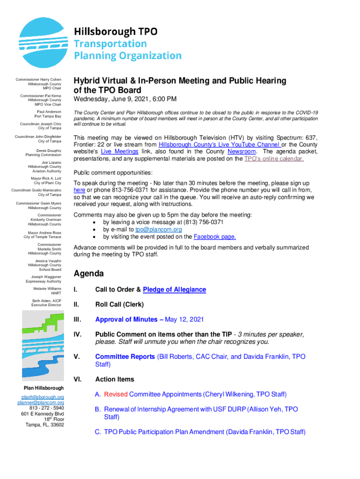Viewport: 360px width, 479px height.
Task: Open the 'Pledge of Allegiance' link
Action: pyautogui.click(x=174, y=290)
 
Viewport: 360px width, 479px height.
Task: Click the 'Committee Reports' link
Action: pyautogui.click(x=125, y=356)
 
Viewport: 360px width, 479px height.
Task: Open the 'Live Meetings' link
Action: pyautogui.click(x=119, y=152)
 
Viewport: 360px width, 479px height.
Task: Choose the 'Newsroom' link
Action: pyautogui.click(x=242, y=152)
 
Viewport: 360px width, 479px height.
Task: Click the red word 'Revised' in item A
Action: pyautogui.click(x=115, y=394)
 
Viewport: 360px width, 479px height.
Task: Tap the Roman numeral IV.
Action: pyautogui.click(x=78, y=334)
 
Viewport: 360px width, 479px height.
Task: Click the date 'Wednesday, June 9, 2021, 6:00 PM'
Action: pyautogui.click(x=125, y=99)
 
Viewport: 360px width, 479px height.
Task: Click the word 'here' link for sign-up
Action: pyautogui.click(x=79, y=190)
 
